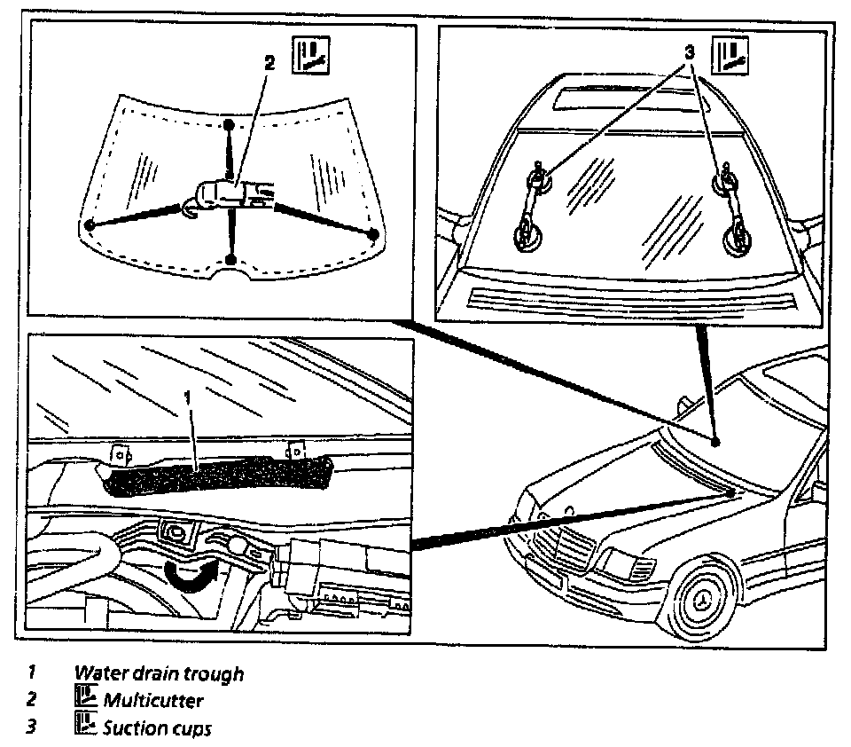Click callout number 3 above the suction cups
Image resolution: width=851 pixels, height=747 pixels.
688,51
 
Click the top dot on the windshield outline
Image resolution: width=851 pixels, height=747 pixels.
229,123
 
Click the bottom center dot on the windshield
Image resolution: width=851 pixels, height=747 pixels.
230,259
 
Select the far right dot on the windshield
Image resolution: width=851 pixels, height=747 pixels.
373,234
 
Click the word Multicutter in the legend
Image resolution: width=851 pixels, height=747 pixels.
152,701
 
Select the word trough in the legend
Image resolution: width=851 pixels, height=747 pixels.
213,673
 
